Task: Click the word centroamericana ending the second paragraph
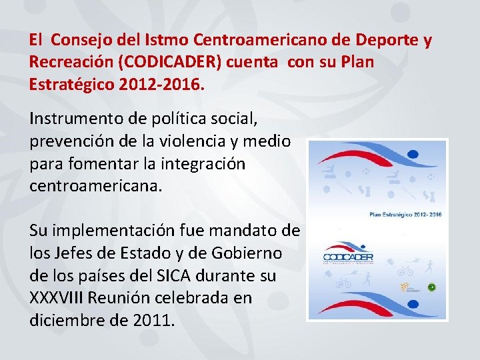pyautogui.click(x=95, y=185)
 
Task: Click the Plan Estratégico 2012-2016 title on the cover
pyautogui.click(x=405, y=215)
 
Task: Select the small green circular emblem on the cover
pyautogui.click(x=431, y=287)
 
